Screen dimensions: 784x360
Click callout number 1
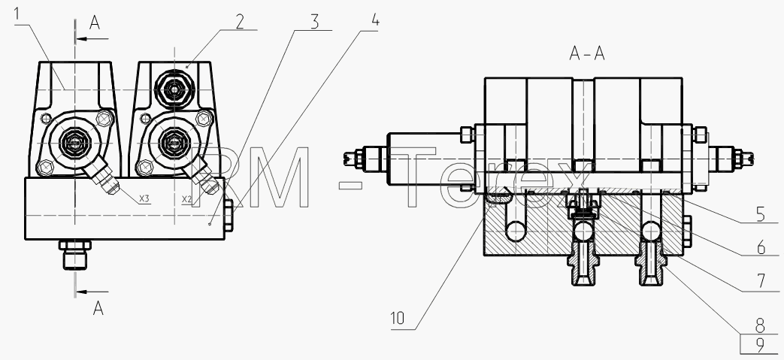pyautogui.click(x=17, y=14)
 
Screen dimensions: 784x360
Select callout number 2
pyautogui.click(x=240, y=22)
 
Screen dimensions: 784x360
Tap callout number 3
pyautogui.click(x=314, y=22)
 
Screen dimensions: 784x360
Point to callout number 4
pyautogui.click(x=375, y=20)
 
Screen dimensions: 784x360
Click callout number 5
pyautogui.click(x=761, y=214)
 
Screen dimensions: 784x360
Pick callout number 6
pyautogui.click(x=761, y=247)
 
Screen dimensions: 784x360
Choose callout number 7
pyautogui.click(x=761, y=281)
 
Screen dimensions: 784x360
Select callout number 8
pyautogui.click(x=760, y=326)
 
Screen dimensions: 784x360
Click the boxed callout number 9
pyautogui.click(x=760, y=345)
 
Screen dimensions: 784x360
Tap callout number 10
pyautogui.click(x=398, y=319)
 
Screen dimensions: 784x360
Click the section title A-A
pyautogui.click(x=587, y=53)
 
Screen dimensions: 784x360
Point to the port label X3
pyautogui.click(x=144, y=199)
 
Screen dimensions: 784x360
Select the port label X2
pyautogui.click(x=186, y=199)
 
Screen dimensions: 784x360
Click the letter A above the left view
pyautogui.click(x=95, y=23)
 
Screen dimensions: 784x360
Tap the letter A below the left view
pyautogui.click(x=98, y=308)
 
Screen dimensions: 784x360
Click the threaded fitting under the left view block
pyautogui.click(x=75, y=254)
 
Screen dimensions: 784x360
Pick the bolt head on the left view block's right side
pyautogui.click(x=229, y=216)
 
